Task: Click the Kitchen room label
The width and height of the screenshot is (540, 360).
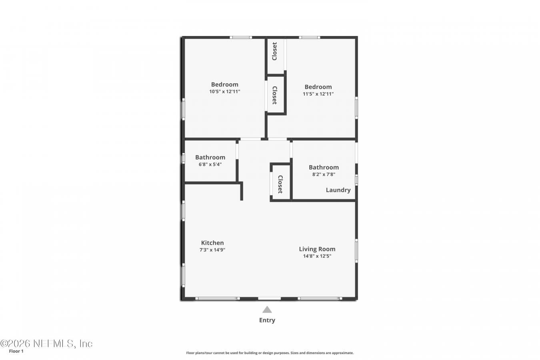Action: pyautogui.click(x=212, y=243)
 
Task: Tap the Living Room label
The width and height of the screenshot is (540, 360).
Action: pyautogui.click(x=317, y=249)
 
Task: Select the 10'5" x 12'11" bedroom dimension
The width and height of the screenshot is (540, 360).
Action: pyautogui.click(x=224, y=92)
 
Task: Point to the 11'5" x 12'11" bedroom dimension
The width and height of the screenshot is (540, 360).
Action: pyautogui.click(x=318, y=94)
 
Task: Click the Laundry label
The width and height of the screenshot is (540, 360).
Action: pyautogui.click(x=338, y=190)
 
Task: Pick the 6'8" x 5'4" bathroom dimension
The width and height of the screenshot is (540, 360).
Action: pyautogui.click(x=210, y=164)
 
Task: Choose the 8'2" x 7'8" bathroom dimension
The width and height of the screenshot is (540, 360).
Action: pyautogui.click(x=324, y=174)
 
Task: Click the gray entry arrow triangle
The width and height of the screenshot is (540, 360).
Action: pyautogui.click(x=267, y=310)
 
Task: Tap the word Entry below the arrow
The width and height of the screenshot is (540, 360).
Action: pyautogui.click(x=267, y=320)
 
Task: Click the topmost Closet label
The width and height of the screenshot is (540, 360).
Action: pyautogui.click(x=274, y=51)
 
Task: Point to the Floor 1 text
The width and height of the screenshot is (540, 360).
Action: pyautogui.click(x=16, y=351)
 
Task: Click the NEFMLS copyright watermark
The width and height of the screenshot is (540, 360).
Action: pyautogui.click(x=46, y=344)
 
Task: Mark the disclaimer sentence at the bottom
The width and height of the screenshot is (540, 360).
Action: pyautogui.click(x=270, y=353)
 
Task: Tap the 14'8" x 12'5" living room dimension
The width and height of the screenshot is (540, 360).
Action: pyautogui.click(x=317, y=256)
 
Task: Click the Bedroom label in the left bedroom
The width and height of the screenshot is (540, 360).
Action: pyautogui.click(x=224, y=84)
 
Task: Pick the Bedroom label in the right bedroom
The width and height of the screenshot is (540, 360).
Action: pyautogui.click(x=318, y=87)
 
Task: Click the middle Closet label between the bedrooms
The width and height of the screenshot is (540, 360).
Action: pyautogui.click(x=275, y=95)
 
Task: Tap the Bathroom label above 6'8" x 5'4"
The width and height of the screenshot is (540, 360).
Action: pyautogui.click(x=210, y=157)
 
